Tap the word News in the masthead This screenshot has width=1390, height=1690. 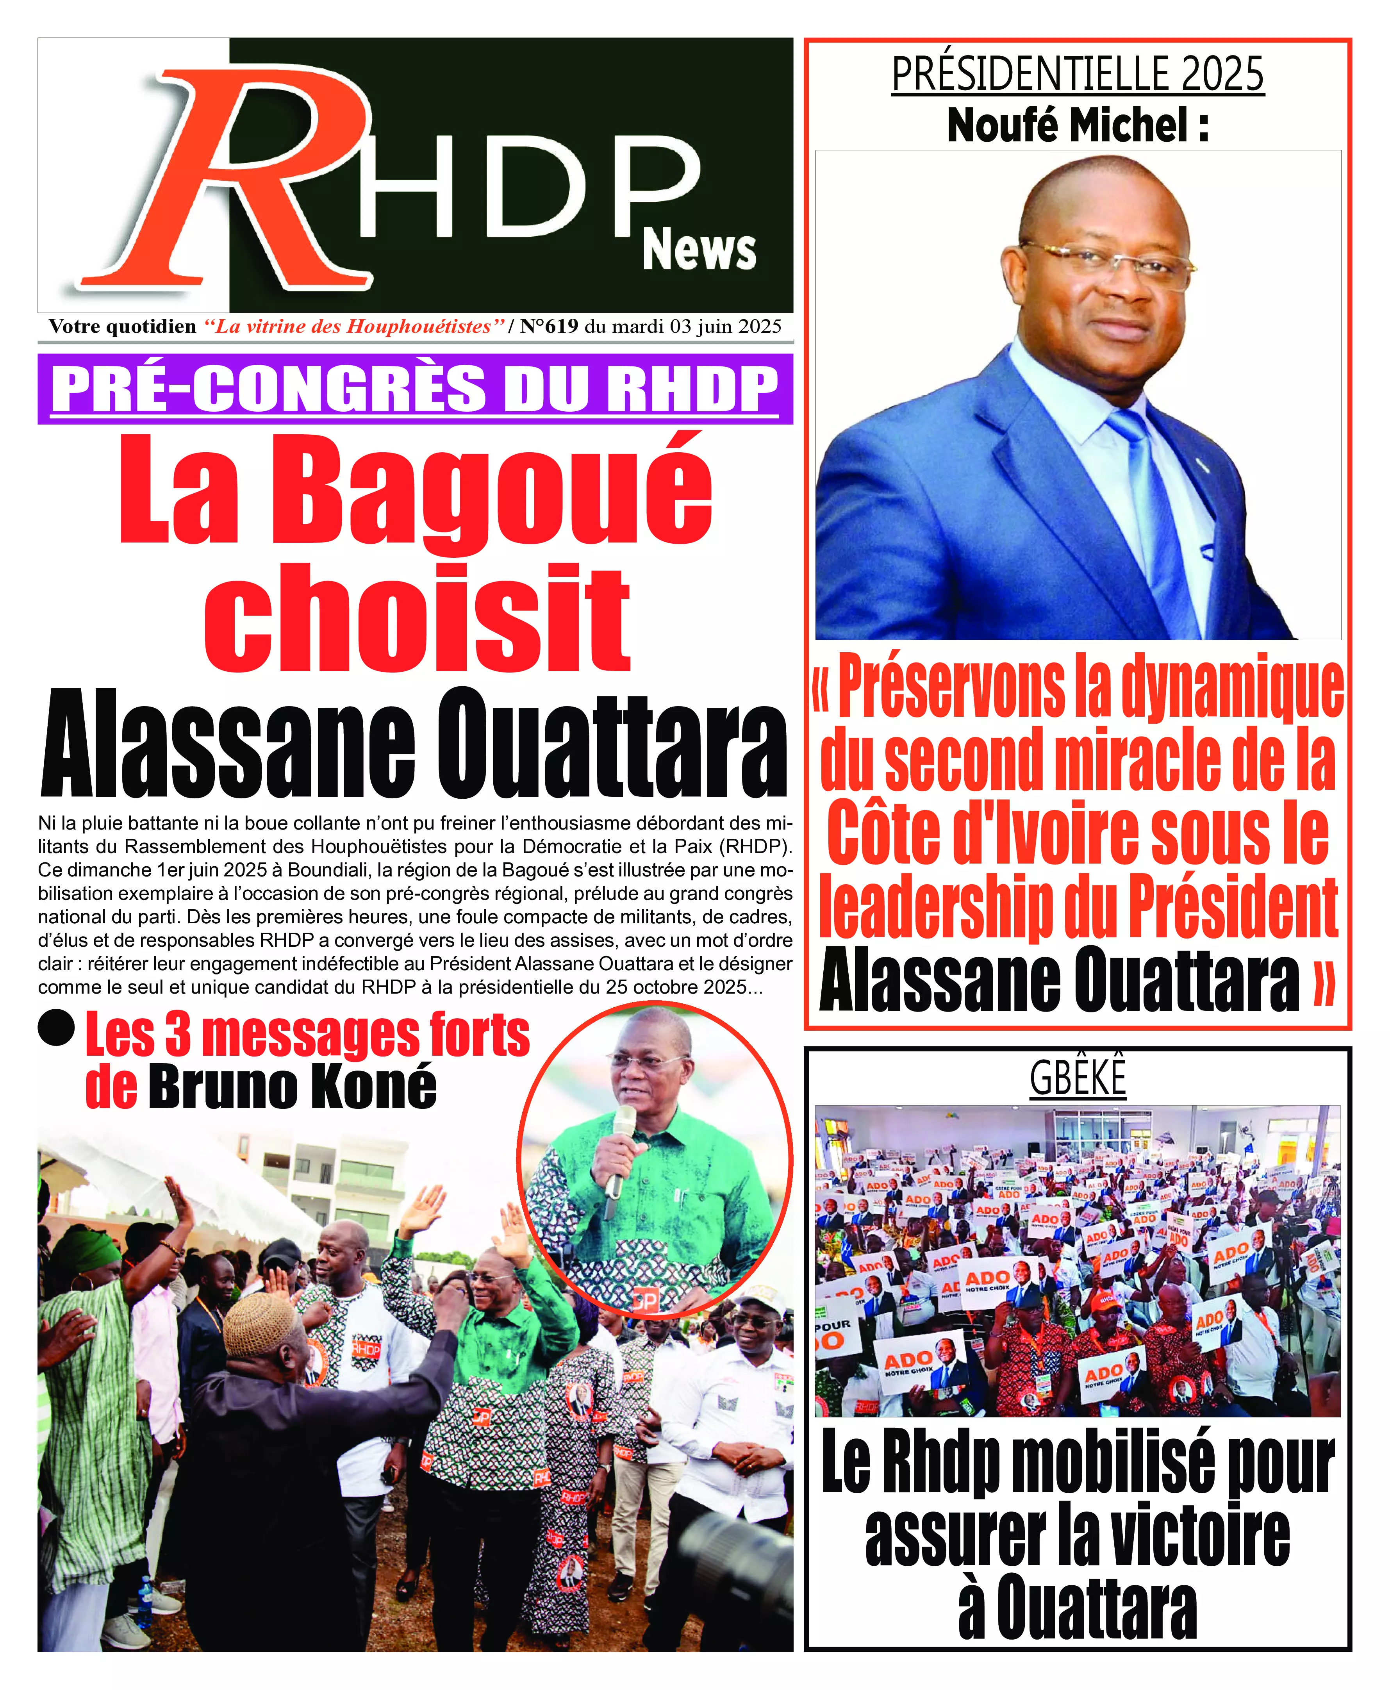(x=699, y=250)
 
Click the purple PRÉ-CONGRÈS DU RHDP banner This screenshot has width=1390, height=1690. (x=415, y=389)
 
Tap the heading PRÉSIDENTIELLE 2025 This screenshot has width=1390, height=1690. (x=1078, y=75)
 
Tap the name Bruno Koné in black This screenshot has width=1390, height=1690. (x=292, y=1087)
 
